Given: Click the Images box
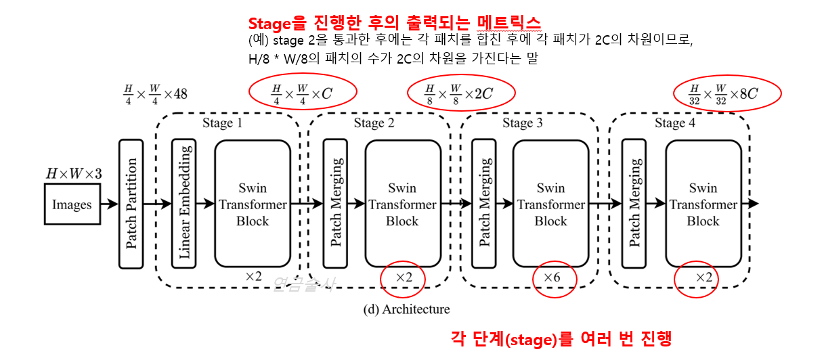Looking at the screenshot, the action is (72, 204).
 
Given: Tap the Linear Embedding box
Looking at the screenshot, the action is (184, 203).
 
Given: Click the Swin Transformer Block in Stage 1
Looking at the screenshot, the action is (253, 204).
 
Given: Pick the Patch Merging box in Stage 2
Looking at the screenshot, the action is (335, 203).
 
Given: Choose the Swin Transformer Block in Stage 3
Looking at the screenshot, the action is (550, 204).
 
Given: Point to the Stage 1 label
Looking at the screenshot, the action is (222, 123).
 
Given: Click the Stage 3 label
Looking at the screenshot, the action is (522, 123).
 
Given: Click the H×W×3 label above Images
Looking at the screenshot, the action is (73, 174).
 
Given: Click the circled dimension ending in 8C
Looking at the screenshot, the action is (723, 93).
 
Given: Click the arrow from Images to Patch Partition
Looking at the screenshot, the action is (109, 203).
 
